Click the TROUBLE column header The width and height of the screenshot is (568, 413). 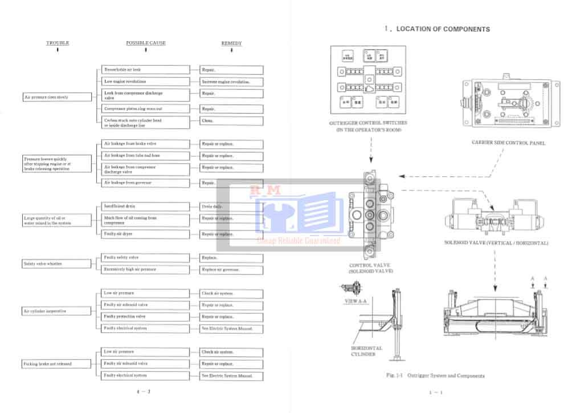[x=58, y=43]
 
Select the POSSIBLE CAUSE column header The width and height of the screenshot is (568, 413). [x=146, y=43]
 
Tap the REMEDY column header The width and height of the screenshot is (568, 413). [x=231, y=43]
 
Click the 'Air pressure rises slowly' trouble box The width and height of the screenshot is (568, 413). [x=57, y=98]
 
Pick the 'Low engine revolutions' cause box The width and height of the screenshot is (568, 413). [x=145, y=82]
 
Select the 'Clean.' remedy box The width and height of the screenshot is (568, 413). [x=231, y=121]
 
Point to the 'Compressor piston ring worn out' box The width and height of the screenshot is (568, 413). [x=145, y=108]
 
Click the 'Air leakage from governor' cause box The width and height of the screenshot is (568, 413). [x=145, y=183]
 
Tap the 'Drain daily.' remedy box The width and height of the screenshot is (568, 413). [x=231, y=206]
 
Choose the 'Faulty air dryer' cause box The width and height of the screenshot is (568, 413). [x=145, y=234]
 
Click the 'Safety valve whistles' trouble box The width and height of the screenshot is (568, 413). [x=57, y=264]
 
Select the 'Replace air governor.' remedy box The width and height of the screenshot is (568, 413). [x=231, y=269]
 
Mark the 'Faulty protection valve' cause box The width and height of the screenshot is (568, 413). [x=145, y=316]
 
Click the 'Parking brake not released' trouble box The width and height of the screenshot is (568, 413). [x=57, y=363]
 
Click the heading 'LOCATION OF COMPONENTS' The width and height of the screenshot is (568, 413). [x=443, y=29]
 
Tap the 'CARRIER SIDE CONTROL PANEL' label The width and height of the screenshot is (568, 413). [x=508, y=143]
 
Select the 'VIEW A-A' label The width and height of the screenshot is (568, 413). [x=356, y=300]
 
